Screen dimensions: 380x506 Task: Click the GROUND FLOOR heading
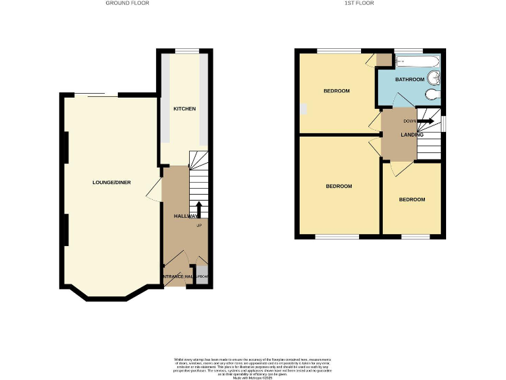[x=128, y=3]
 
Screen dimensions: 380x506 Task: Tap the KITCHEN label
[x=184, y=109]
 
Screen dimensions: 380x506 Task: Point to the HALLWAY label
[x=186, y=216]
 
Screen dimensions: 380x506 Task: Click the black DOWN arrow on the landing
[x=425, y=121]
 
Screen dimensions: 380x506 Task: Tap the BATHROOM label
[x=409, y=79]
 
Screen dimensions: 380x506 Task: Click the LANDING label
[x=412, y=135]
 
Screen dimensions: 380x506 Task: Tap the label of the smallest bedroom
[x=412, y=199]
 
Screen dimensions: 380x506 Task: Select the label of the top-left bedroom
[x=336, y=91]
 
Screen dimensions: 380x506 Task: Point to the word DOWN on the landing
[x=409, y=121]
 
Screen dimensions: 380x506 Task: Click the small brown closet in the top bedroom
[x=383, y=61]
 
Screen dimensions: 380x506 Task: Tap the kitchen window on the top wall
[x=187, y=50]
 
